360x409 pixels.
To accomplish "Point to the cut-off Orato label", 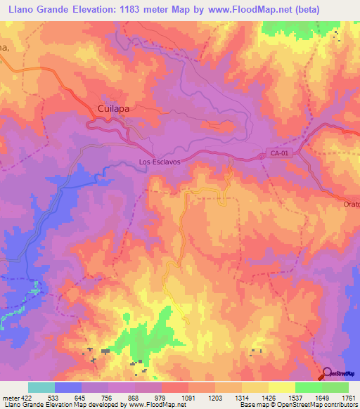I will point(352,204).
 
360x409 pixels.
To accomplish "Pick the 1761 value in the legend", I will point(349,397).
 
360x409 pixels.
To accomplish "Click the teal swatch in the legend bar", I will point(41,387).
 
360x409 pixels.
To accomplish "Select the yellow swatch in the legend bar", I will point(281,387).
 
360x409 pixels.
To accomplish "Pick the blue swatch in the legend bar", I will point(68,387).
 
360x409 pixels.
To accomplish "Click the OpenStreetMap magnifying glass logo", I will point(327,373).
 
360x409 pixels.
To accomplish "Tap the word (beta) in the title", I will point(302,10).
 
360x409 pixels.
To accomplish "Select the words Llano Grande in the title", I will point(35,10).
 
